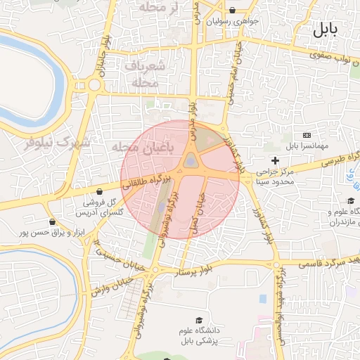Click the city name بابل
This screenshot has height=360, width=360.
point(325,30)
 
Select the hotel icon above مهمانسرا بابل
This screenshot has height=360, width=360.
point(306,135)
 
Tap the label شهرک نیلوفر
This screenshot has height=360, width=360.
point(59,143)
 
